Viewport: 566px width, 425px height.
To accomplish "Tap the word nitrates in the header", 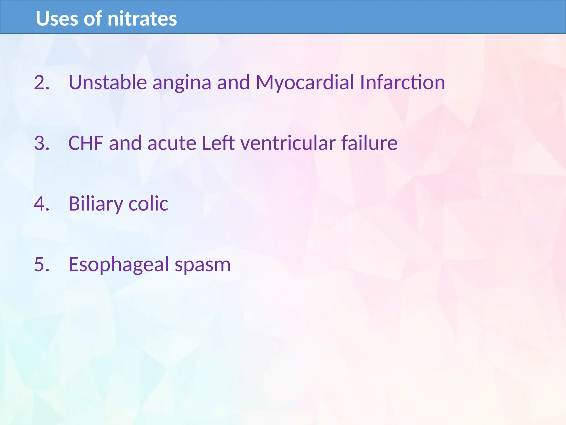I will tap(142, 19).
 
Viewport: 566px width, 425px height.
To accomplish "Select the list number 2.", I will tap(41, 82).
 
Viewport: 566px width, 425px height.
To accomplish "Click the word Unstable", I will tap(108, 82).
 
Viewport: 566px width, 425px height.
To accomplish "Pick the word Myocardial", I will tap(305, 82).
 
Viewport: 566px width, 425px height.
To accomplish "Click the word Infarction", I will tap(402, 82).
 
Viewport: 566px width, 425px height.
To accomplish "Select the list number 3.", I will tap(41, 143).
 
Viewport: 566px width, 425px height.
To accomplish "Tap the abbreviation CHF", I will tap(86, 143).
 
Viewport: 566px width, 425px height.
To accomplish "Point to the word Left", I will tap(218, 143).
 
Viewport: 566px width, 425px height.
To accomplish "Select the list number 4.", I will tap(41, 204).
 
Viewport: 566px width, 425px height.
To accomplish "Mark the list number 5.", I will tap(41, 264).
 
